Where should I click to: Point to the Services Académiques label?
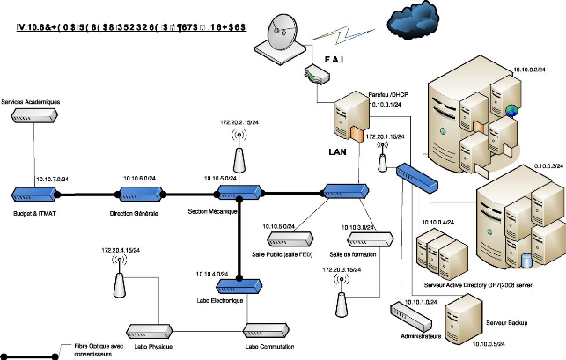click(x=31, y=102)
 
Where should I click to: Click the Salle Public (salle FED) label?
click(x=289, y=253)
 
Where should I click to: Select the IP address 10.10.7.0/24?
click(x=53, y=180)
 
